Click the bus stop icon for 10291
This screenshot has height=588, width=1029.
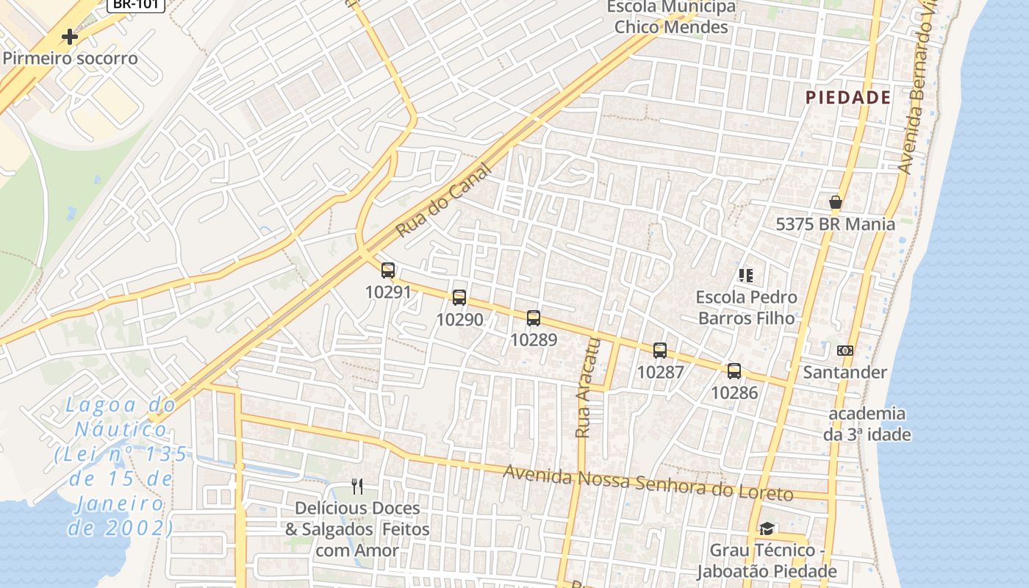(388, 270)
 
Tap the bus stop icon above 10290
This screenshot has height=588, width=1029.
(459, 297)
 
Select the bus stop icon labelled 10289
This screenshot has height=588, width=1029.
(534, 318)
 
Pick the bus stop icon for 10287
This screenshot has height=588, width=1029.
(660, 350)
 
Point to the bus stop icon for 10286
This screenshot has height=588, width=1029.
(734, 370)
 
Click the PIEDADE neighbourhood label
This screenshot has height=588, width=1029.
(848, 98)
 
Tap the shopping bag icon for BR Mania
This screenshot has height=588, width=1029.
(835, 202)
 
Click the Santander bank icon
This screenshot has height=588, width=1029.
(845, 351)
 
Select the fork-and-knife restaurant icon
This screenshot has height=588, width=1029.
(357, 486)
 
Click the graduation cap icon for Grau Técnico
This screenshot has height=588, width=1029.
(767, 528)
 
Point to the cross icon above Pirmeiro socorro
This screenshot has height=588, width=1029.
(70, 36)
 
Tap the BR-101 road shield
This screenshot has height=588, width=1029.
(135, 4)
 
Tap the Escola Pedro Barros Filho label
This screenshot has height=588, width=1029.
(746, 307)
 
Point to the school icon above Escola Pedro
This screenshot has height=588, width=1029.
(746, 276)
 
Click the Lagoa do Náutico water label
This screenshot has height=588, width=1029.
(121, 466)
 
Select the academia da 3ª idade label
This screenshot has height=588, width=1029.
(867, 423)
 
